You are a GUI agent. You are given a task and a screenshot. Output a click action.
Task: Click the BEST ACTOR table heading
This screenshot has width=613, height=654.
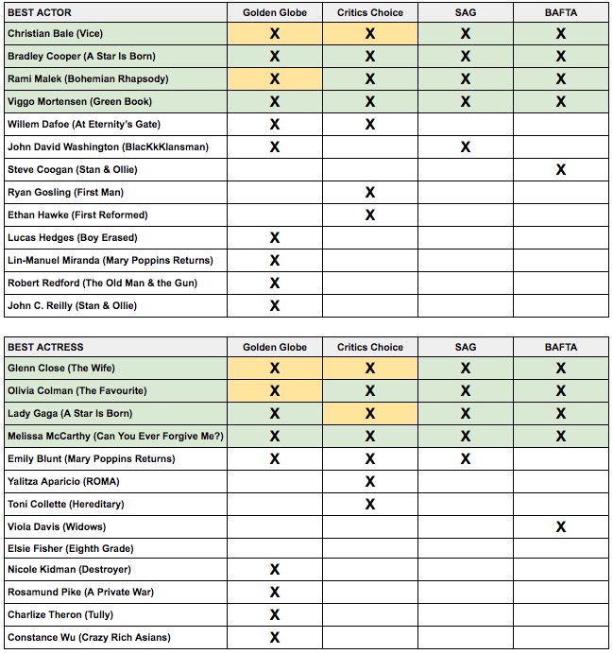coord(39,12)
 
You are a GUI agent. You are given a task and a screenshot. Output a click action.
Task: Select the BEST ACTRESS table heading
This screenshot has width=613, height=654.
coord(45,347)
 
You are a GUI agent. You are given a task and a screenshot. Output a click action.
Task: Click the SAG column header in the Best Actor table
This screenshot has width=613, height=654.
coord(465,12)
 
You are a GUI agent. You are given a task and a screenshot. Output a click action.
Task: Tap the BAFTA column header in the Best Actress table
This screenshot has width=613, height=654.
coord(560,347)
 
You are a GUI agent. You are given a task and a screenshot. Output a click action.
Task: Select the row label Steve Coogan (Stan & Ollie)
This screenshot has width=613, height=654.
coord(72,169)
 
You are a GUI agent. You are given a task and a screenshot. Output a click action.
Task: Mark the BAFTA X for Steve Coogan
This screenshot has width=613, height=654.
coord(561,170)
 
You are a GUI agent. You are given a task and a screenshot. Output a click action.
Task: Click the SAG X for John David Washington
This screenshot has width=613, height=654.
coord(465,147)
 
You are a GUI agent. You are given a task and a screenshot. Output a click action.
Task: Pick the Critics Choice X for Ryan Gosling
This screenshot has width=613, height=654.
coord(369,193)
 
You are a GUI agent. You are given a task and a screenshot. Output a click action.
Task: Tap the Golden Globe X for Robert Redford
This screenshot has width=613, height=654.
coord(275,284)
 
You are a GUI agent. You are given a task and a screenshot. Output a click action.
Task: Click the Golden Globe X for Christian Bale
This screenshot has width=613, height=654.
coord(275,34)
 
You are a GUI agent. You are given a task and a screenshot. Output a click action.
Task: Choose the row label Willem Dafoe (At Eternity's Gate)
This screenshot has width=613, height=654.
coord(84,124)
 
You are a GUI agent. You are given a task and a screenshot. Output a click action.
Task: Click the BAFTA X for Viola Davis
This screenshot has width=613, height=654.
coord(561,526)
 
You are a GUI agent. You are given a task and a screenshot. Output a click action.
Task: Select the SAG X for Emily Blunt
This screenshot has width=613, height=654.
coord(465,459)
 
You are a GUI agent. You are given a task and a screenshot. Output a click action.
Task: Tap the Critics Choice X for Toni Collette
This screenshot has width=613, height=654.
coord(369,505)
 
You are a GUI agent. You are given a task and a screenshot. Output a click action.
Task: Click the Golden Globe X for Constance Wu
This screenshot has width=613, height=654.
coord(275,638)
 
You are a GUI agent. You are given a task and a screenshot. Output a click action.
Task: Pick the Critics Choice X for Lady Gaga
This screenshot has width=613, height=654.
coord(369,414)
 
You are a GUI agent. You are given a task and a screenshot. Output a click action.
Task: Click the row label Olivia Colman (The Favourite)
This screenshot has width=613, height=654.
coord(77,390)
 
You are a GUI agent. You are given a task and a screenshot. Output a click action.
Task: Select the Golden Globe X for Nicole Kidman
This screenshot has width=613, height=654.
coord(275,570)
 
